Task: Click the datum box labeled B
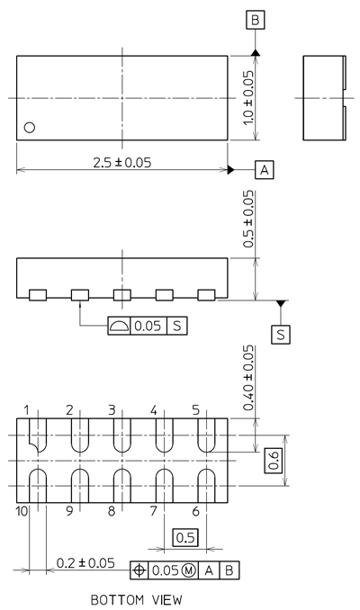(x=256, y=20)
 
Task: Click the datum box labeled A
(x=265, y=170)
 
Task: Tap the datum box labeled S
(x=281, y=334)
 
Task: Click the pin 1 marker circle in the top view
(x=30, y=127)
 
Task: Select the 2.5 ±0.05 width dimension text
(x=121, y=163)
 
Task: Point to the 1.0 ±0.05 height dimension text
(x=248, y=98)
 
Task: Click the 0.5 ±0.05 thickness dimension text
(x=248, y=219)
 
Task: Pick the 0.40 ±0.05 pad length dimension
(x=248, y=378)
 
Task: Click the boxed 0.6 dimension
(x=274, y=461)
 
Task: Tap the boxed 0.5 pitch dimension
(x=185, y=538)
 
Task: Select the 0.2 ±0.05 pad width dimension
(x=85, y=563)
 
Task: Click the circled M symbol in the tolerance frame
(x=188, y=570)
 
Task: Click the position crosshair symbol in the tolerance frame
(x=139, y=570)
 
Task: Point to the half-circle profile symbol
(x=119, y=326)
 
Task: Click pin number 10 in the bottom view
(x=22, y=511)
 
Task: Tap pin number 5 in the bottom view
(x=195, y=410)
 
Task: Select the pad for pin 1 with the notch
(x=38, y=435)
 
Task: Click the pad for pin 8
(x=122, y=486)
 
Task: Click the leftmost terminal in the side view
(x=38, y=295)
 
